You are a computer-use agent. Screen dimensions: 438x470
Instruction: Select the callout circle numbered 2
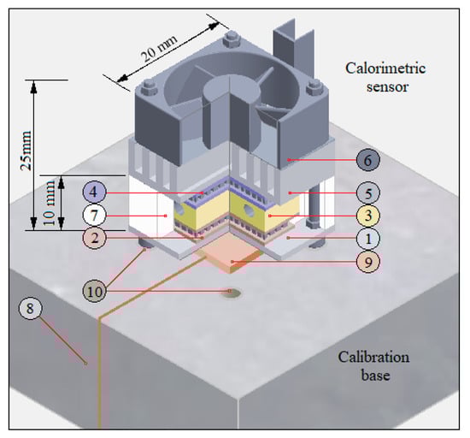[96, 237]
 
